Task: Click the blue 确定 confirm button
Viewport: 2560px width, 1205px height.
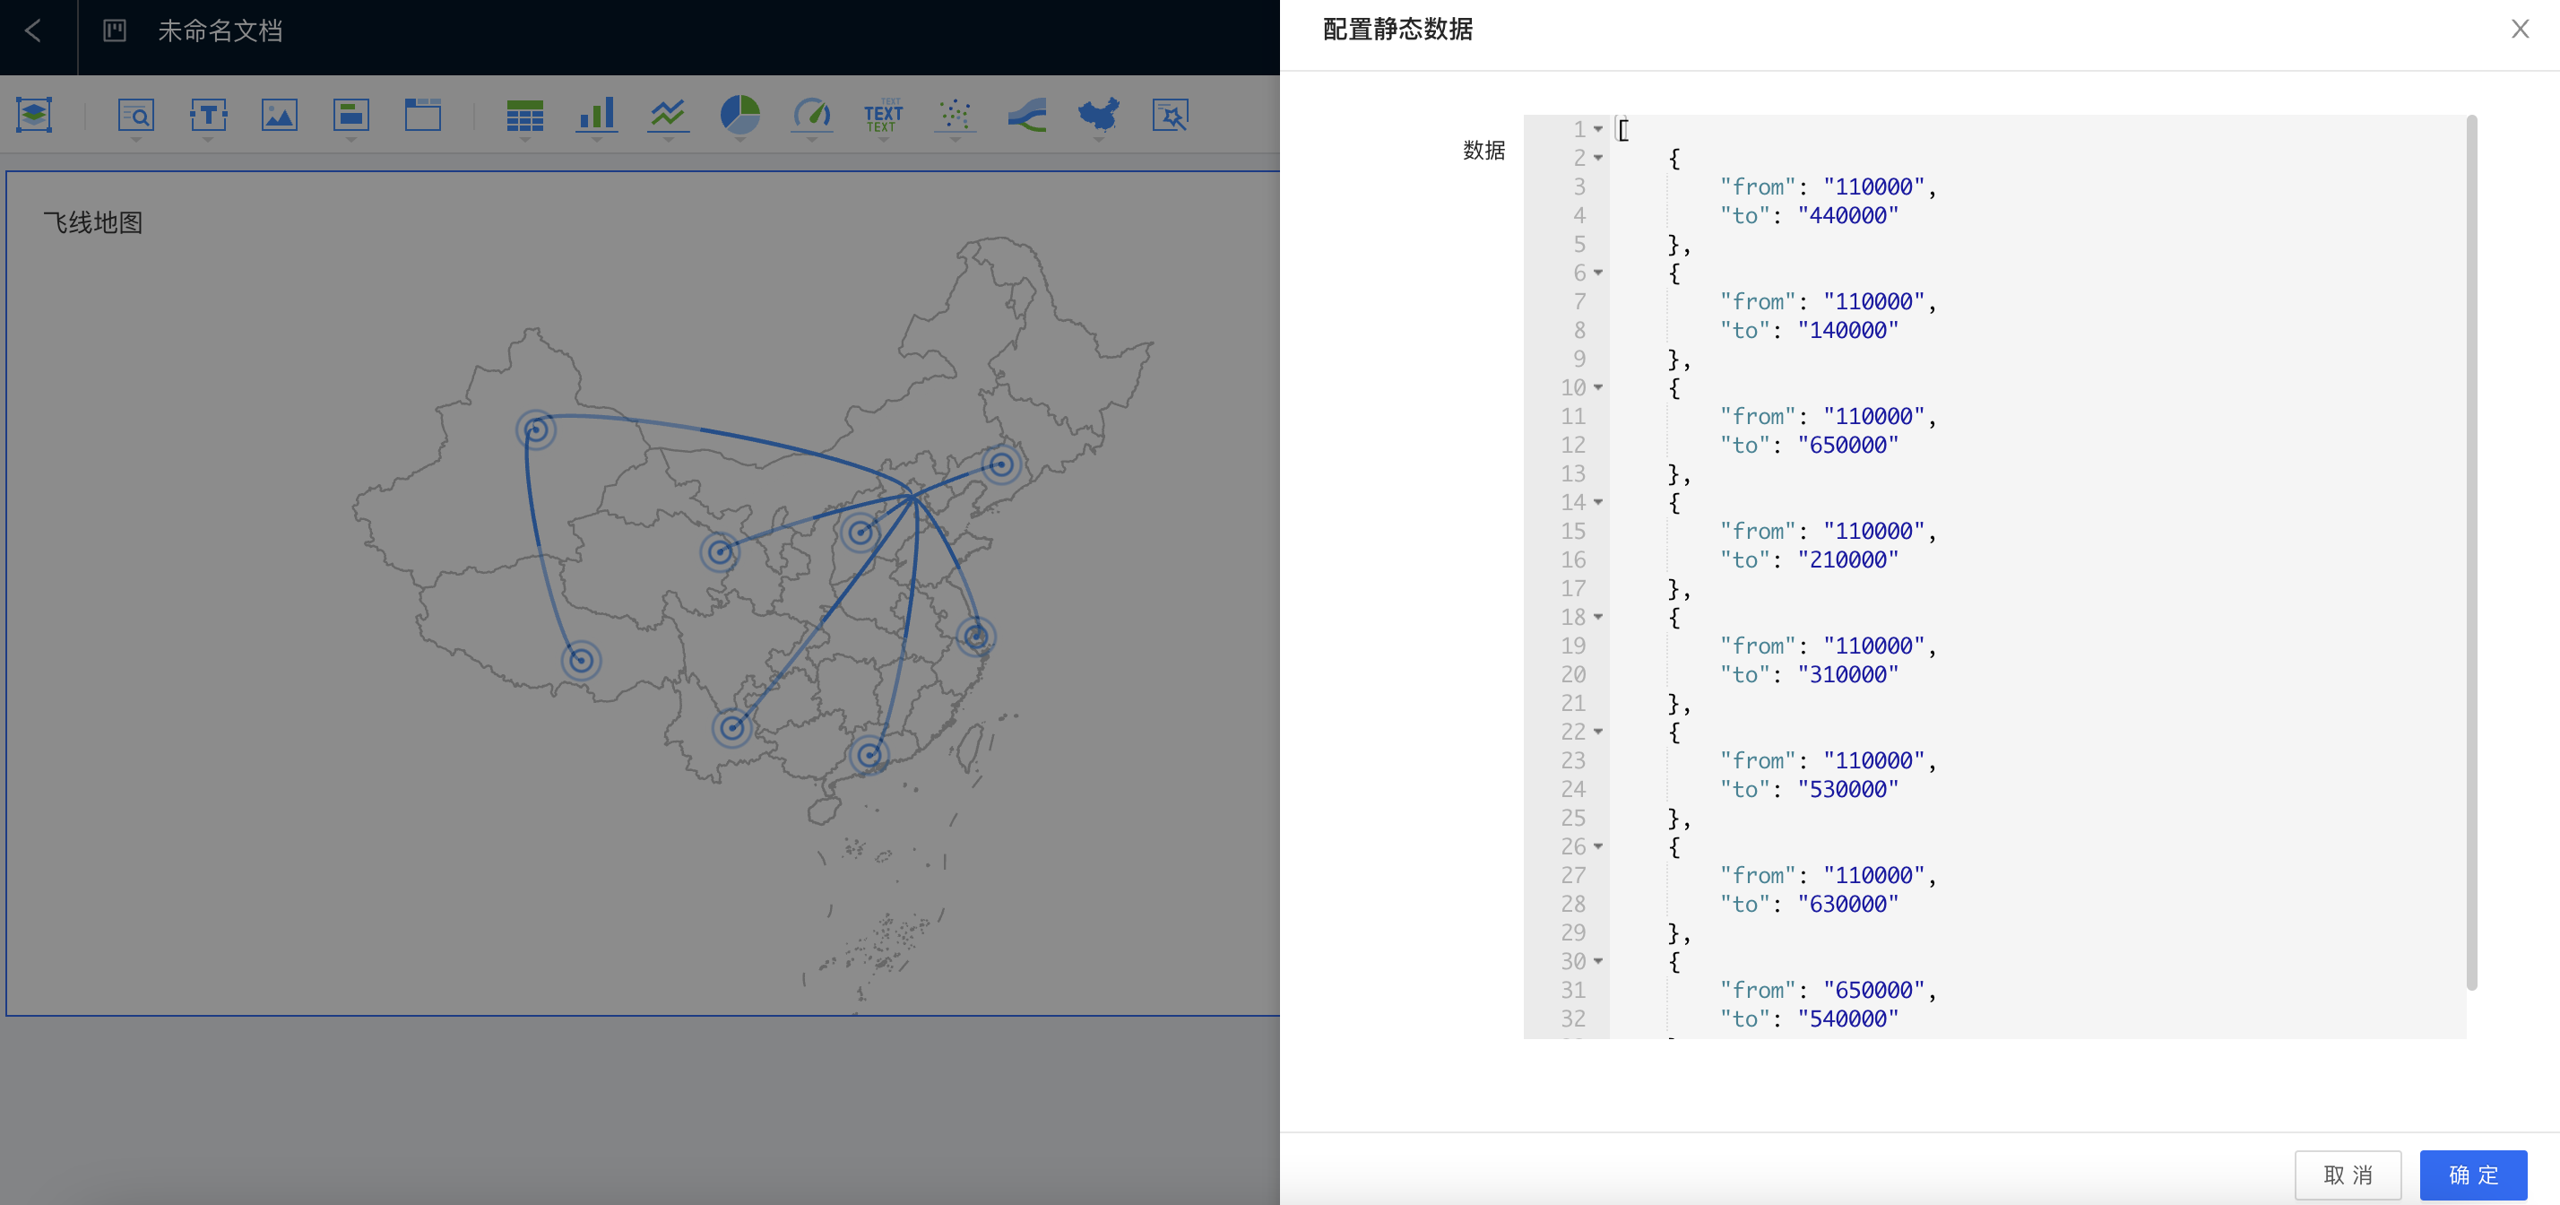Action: pos(2472,1175)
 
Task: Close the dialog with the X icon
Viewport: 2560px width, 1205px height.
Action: pos(2521,29)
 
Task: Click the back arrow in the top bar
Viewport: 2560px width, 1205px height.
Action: pos(33,30)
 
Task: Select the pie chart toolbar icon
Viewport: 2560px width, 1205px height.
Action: pos(739,116)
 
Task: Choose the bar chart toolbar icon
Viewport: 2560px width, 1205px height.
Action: pos(596,116)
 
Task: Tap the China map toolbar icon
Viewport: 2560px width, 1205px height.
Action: pos(1099,116)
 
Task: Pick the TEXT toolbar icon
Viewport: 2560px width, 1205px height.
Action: pos(884,116)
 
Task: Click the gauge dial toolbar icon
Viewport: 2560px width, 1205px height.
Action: pos(812,116)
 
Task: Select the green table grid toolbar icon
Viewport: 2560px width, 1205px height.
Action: pos(524,116)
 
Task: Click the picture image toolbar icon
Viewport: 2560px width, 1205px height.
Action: pos(280,116)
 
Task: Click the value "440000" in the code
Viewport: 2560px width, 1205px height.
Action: pos(1847,216)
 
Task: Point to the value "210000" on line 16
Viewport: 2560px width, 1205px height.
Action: pos(1847,559)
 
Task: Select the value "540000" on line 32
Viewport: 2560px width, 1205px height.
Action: pos(1847,1019)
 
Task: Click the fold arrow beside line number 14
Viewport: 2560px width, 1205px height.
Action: pos(1598,503)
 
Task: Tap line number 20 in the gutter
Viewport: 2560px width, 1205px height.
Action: pos(1573,675)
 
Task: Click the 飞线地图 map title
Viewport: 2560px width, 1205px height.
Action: pos(93,222)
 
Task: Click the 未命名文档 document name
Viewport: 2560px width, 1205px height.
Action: pos(221,30)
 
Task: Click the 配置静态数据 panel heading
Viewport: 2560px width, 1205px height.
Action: pos(1397,29)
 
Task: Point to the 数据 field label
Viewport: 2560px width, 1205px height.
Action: pos(1483,150)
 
